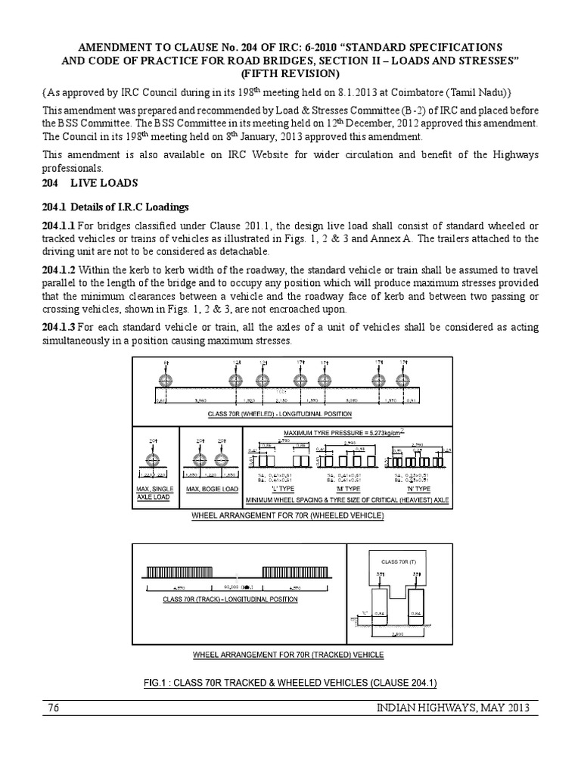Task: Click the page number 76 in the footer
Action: [x=52, y=708]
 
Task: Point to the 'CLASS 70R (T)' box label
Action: [x=392, y=560]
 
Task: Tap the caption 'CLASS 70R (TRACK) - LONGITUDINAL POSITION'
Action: [x=230, y=599]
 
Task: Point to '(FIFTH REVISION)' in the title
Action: [x=290, y=73]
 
